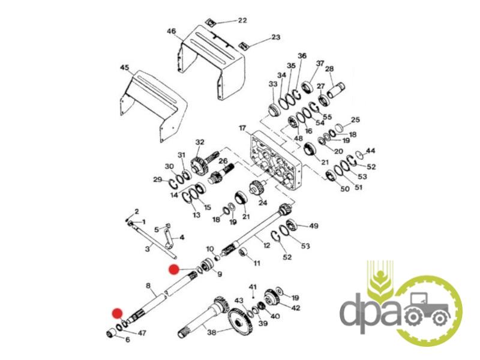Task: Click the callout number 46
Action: click(x=172, y=31)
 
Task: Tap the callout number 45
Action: click(x=125, y=67)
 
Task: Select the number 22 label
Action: click(x=242, y=20)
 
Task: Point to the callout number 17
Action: click(x=242, y=128)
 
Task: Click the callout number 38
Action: click(x=212, y=332)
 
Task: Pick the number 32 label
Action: click(x=200, y=142)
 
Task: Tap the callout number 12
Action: click(x=266, y=245)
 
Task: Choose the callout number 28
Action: click(x=329, y=69)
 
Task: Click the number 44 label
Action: click(x=370, y=151)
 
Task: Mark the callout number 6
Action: click(x=127, y=340)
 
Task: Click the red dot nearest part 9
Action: click(x=174, y=269)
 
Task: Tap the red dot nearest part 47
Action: click(x=117, y=313)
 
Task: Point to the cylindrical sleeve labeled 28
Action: click(x=336, y=91)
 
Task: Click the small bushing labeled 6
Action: click(x=112, y=334)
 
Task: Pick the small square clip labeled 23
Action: click(x=244, y=46)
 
